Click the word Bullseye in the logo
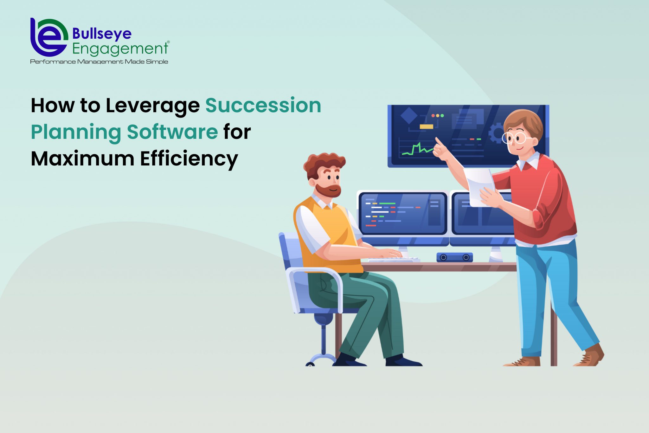point(102,34)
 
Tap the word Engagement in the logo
point(120,49)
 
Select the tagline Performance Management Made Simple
point(99,61)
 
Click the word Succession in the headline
point(263,105)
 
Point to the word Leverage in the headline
point(152,106)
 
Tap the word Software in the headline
point(172,132)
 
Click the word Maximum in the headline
point(82,158)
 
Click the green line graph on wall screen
point(417,149)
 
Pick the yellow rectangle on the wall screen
point(426,127)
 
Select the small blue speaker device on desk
point(454,257)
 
